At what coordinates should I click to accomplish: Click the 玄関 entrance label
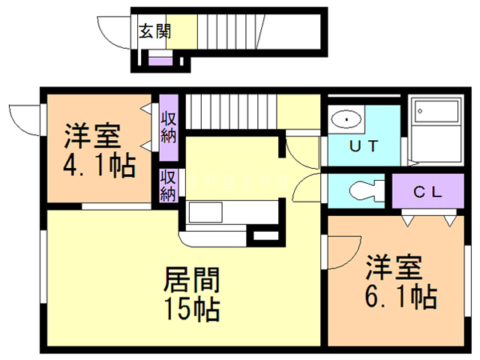click(x=154, y=31)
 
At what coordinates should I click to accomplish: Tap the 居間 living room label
click(x=191, y=281)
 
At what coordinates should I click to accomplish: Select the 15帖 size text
click(x=191, y=307)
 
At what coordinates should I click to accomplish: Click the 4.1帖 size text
click(x=99, y=165)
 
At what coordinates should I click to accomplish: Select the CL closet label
click(x=428, y=191)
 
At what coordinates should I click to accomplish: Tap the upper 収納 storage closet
click(x=168, y=128)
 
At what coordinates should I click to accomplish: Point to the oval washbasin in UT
click(x=346, y=119)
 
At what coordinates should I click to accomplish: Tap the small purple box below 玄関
click(x=160, y=60)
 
